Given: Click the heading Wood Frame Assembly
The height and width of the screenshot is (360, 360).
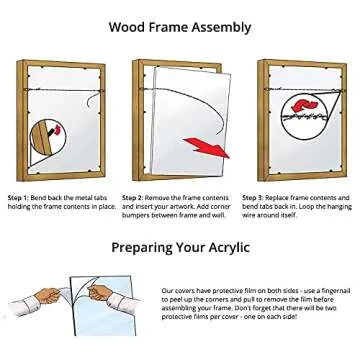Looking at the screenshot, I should tap(180, 27).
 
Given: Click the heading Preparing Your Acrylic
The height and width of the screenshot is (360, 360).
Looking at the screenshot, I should tap(180, 247).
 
